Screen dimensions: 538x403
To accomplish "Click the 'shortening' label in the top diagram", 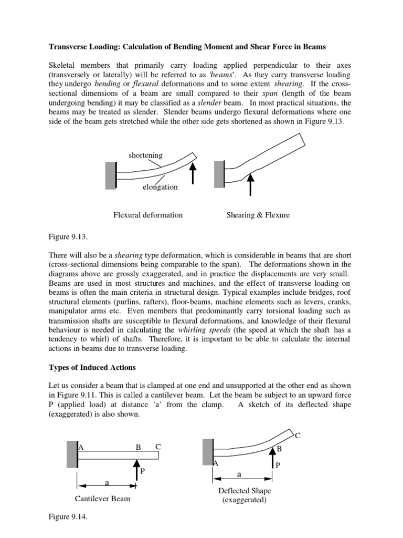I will [145, 156].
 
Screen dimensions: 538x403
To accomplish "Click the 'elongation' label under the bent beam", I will [160, 187].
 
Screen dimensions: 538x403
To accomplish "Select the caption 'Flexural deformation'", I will [148, 215].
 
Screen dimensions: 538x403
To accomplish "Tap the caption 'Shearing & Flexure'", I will [258, 215].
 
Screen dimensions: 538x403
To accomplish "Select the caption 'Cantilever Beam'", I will [102, 499].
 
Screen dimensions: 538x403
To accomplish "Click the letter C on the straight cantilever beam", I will [158, 447].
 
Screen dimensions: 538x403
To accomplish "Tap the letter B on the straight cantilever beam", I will [139, 447].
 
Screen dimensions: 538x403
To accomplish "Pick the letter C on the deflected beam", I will [298, 436].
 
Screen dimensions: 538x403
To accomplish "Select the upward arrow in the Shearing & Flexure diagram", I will [250, 183].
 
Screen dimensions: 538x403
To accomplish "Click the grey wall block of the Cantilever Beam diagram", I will [72, 455].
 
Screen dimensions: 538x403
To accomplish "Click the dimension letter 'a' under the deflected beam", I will [239, 474].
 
